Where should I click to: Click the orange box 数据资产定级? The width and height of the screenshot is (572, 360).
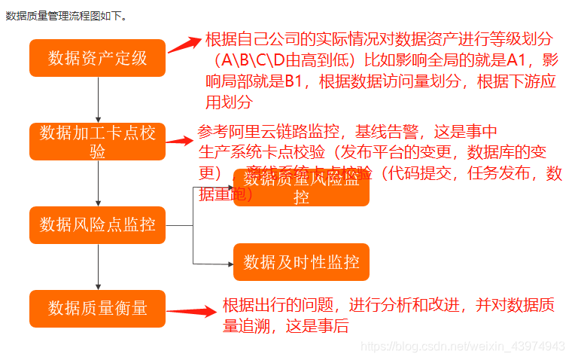98,57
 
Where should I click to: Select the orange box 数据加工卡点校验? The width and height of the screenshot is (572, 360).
98,141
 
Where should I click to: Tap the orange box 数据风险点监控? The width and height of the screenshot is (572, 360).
98,224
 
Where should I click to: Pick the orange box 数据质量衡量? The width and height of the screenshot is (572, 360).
98,307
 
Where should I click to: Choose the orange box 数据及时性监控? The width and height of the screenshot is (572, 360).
301,262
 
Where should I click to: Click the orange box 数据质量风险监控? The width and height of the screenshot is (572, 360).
301,188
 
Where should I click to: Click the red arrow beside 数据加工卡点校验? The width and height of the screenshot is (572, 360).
181,140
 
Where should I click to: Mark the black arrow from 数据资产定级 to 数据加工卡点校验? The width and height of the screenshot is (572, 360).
99,98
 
